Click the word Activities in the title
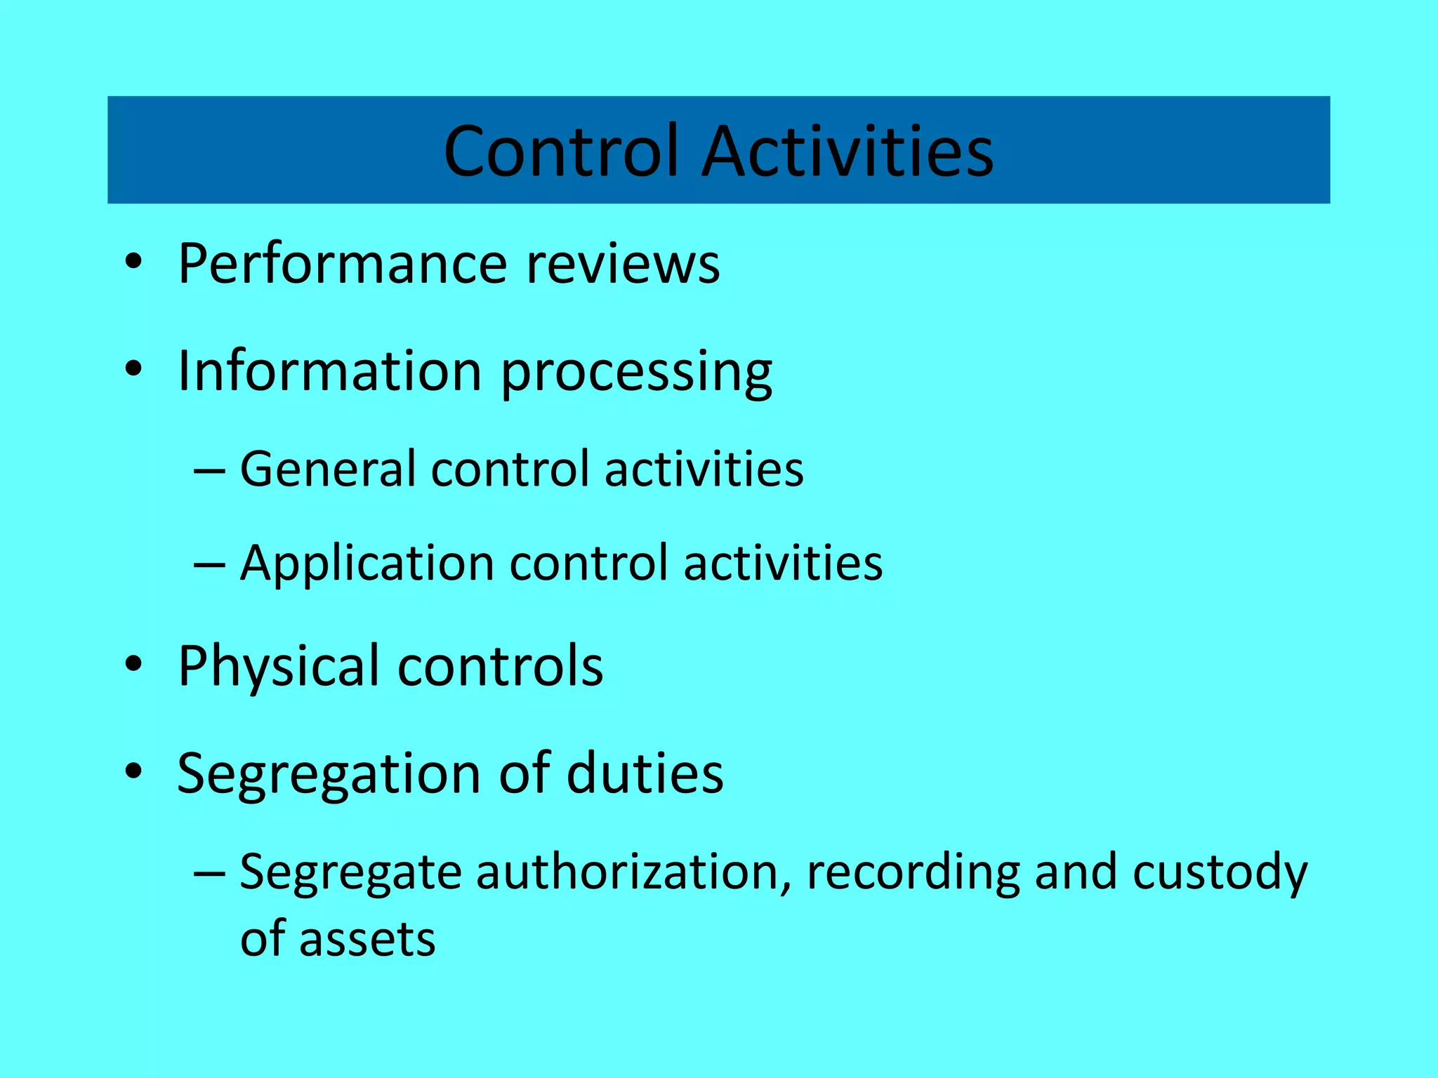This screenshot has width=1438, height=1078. pos(847,151)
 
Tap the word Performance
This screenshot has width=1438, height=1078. pos(343,264)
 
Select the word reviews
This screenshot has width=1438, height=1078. pos(623,264)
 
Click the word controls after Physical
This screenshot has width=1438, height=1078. pos(500,665)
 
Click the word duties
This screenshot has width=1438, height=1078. pos(645,773)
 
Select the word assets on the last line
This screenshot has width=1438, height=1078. pos(367,939)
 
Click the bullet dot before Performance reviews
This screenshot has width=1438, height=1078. pos(133,264)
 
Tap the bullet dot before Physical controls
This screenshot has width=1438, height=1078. pos(133,665)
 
